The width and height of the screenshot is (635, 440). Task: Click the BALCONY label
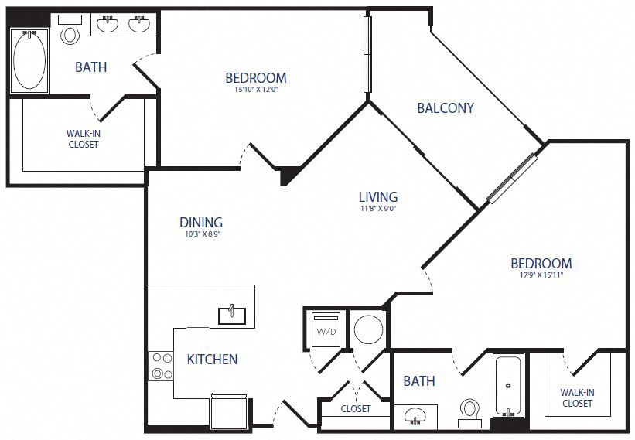point(445,108)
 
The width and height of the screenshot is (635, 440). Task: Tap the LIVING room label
point(378,197)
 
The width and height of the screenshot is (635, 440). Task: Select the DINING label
point(200,223)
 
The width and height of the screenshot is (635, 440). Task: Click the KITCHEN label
point(212,360)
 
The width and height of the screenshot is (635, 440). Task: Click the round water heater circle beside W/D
point(368,329)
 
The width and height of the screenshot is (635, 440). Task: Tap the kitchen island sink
point(232,314)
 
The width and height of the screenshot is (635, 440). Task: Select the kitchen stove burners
point(161,366)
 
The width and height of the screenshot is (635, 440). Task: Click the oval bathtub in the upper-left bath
point(29,60)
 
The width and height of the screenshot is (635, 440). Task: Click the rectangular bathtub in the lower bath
point(508,386)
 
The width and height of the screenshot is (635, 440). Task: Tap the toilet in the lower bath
point(469,412)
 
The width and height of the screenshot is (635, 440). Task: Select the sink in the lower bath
point(415,418)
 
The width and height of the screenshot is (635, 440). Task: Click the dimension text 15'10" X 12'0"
point(255,90)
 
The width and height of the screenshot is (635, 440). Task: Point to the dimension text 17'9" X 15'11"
point(541,276)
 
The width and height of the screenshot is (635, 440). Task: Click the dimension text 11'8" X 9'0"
point(378,209)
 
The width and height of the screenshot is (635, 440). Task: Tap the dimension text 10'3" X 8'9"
point(200,234)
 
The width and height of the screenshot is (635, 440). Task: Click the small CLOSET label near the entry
point(355,409)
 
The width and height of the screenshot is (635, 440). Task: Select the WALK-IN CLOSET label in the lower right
point(577,398)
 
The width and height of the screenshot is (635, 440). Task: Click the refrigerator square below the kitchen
point(230,411)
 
